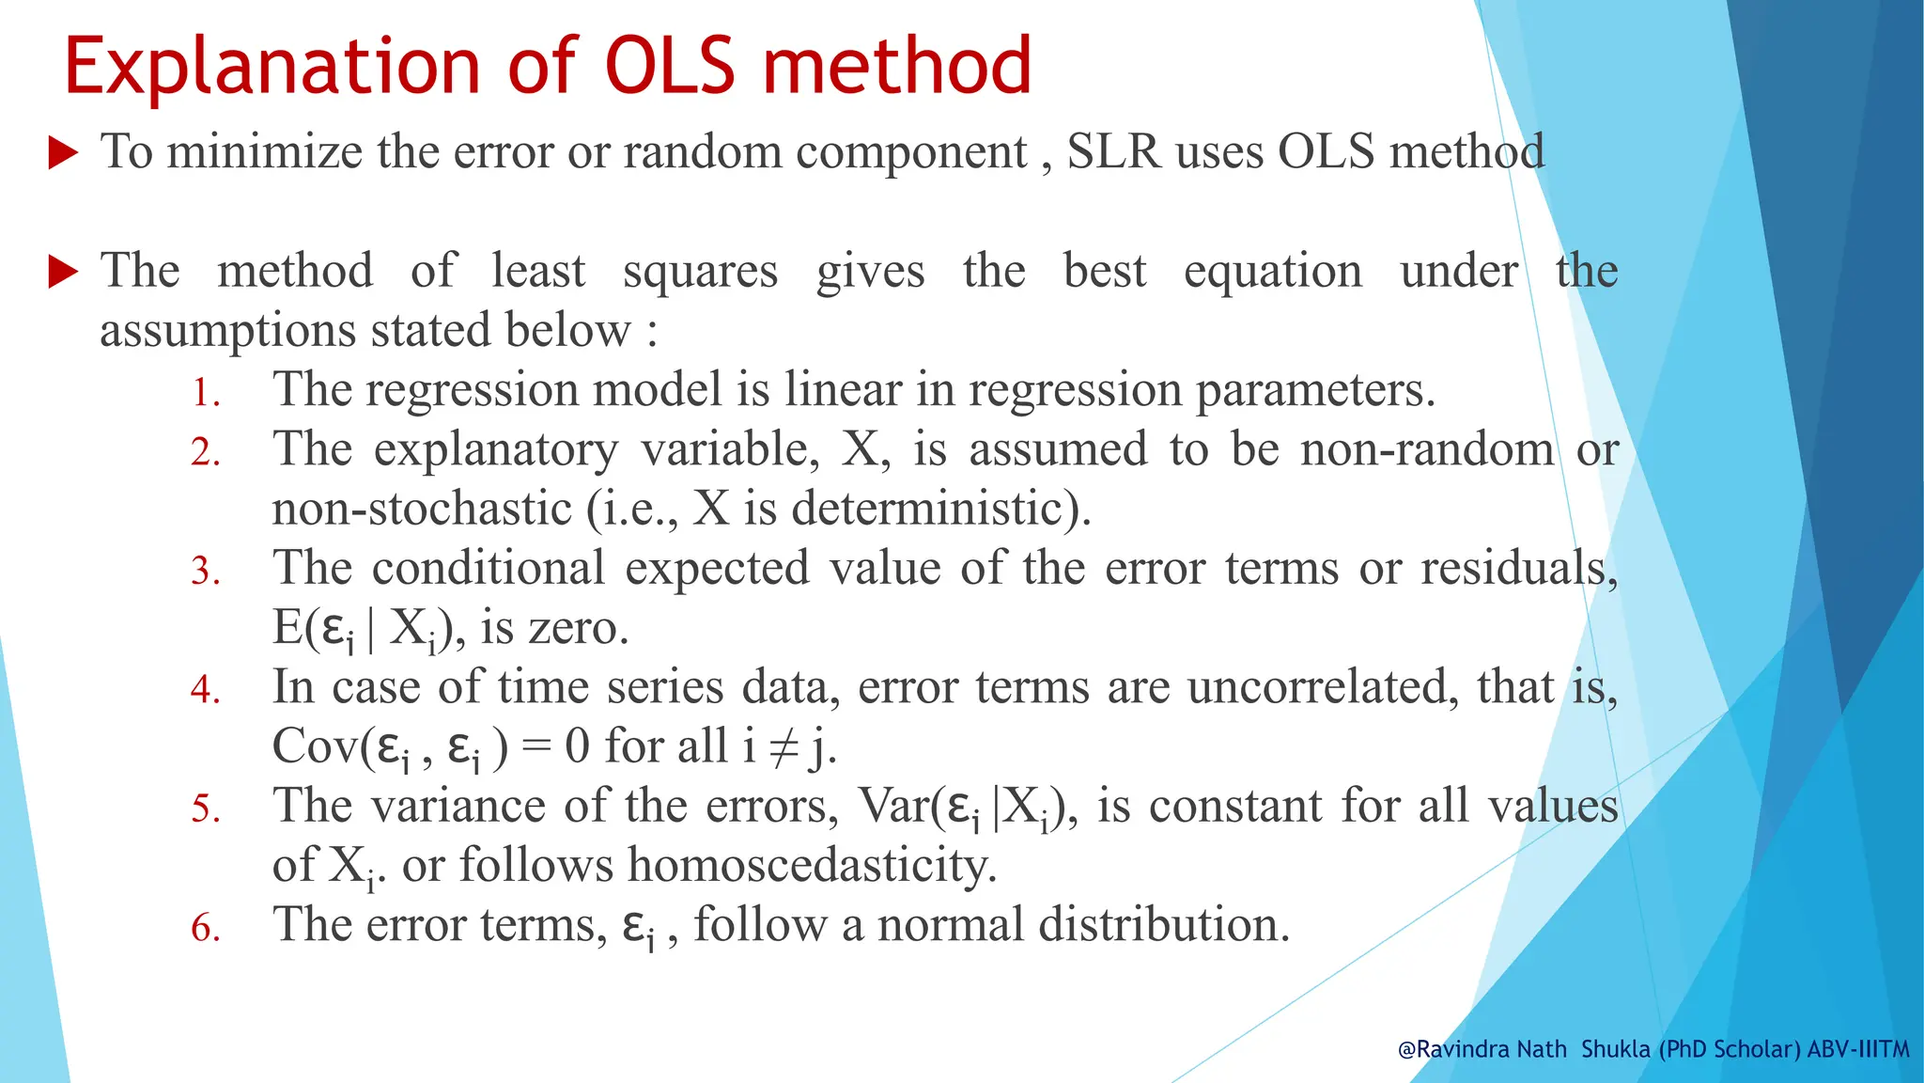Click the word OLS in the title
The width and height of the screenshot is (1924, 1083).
(x=670, y=66)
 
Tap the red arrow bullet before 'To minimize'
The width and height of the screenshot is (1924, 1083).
(x=63, y=152)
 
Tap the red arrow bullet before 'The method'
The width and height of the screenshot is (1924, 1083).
(x=63, y=272)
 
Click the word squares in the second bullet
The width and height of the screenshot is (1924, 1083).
(x=700, y=273)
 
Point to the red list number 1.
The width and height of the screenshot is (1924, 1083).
(x=205, y=392)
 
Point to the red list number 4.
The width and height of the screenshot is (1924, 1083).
(x=205, y=690)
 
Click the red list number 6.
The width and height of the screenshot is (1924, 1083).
(x=205, y=928)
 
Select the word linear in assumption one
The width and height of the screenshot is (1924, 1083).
(x=842, y=389)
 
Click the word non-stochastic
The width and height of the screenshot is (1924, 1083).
(x=422, y=509)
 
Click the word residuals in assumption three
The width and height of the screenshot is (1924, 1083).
(x=1518, y=568)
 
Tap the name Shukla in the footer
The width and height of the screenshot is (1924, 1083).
(x=1615, y=1049)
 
